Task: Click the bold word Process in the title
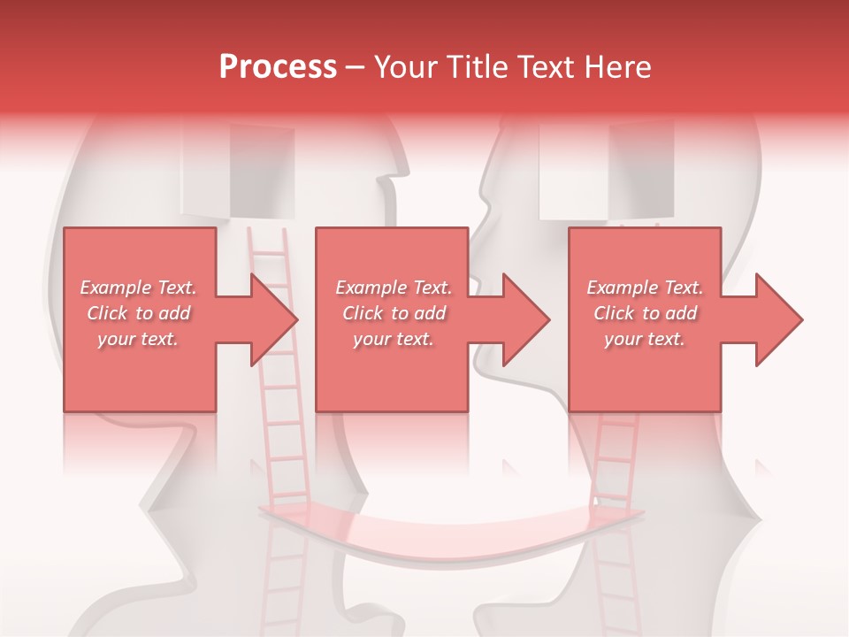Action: (x=278, y=67)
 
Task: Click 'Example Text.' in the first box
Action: (x=139, y=288)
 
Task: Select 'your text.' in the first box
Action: (x=138, y=339)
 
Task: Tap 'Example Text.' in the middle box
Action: (x=394, y=288)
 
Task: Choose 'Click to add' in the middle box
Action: (x=394, y=313)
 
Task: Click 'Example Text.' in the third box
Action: (x=645, y=288)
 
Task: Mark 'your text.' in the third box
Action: (x=645, y=339)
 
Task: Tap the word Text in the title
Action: (x=547, y=67)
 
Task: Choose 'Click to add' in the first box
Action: (x=139, y=313)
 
